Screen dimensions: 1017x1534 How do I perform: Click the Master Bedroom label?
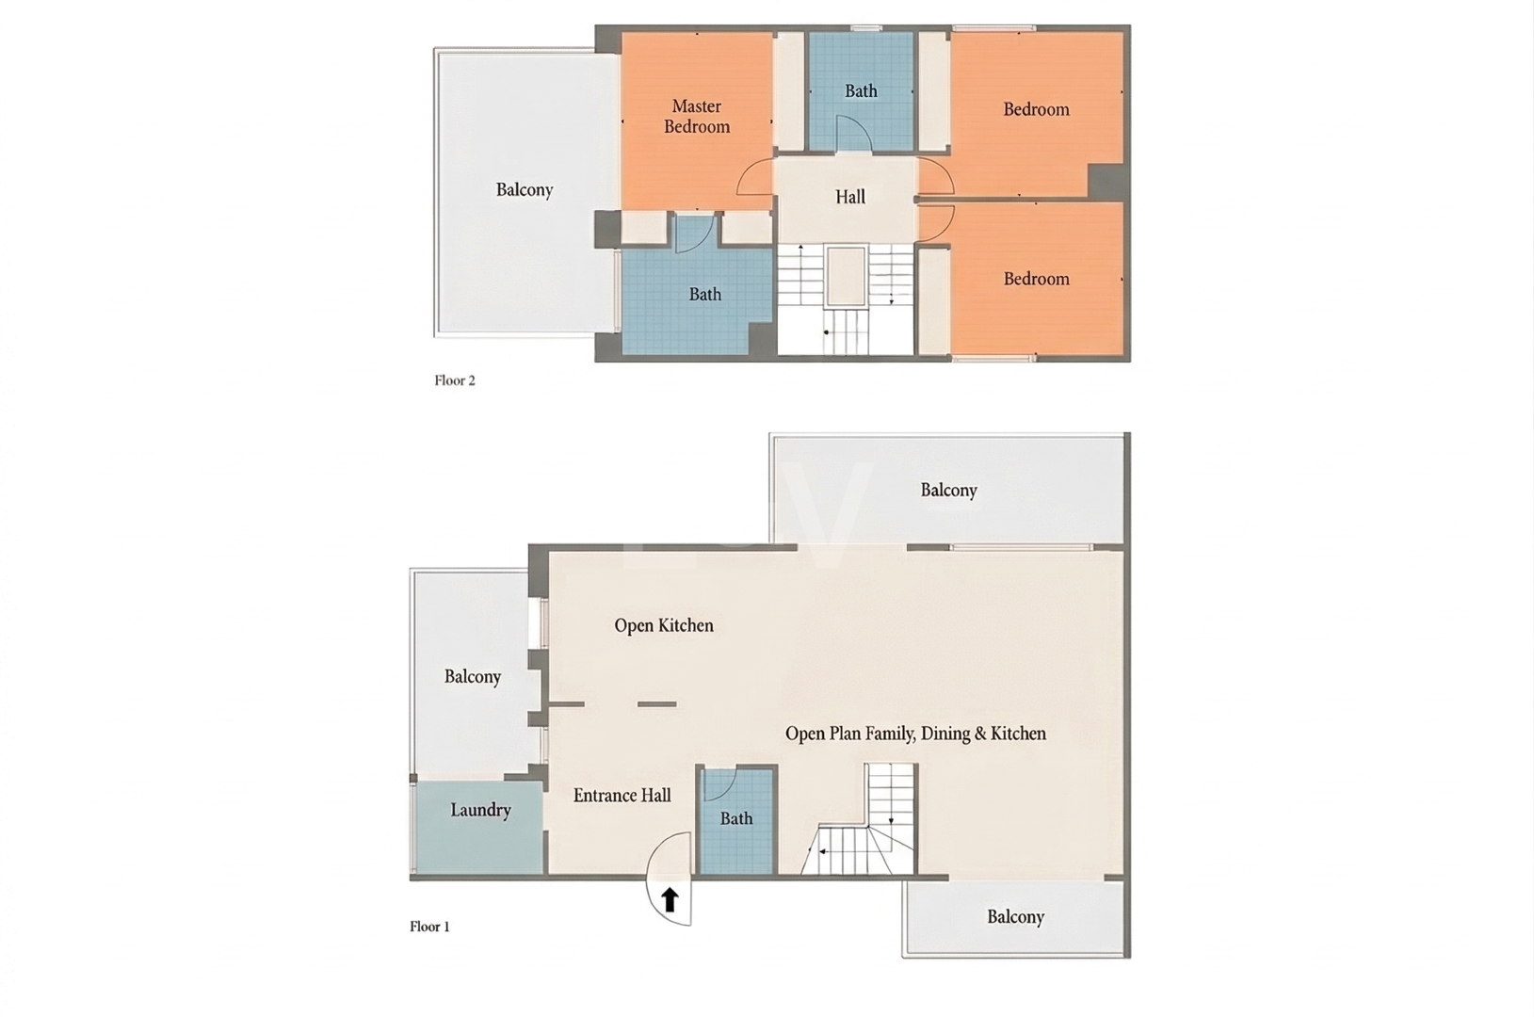(x=697, y=117)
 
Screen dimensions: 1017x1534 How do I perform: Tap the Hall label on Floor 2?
(x=850, y=197)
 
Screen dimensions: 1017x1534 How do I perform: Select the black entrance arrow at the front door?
(x=670, y=900)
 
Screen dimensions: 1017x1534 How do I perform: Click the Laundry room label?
(x=480, y=810)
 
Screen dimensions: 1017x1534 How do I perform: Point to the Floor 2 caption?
(x=455, y=380)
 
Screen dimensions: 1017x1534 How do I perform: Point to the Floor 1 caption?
(x=429, y=927)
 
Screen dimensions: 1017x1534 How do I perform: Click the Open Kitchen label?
(x=664, y=625)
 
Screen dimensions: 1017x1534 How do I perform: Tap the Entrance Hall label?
(x=622, y=796)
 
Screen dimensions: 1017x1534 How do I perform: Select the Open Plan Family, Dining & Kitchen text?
(x=915, y=734)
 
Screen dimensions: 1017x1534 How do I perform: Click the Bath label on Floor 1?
(x=736, y=819)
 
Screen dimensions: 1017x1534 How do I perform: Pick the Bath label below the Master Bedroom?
(x=705, y=295)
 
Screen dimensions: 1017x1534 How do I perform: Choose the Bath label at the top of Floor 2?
(x=861, y=91)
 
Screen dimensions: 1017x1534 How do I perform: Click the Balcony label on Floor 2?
(x=525, y=190)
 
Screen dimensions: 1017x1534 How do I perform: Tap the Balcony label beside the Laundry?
(x=473, y=677)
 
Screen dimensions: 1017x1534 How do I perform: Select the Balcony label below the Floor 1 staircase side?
(x=1015, y=917)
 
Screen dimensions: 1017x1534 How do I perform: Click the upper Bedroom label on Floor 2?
(x=1036, y=109)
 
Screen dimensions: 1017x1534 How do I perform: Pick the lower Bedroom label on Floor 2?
(x=1036, y=279)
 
